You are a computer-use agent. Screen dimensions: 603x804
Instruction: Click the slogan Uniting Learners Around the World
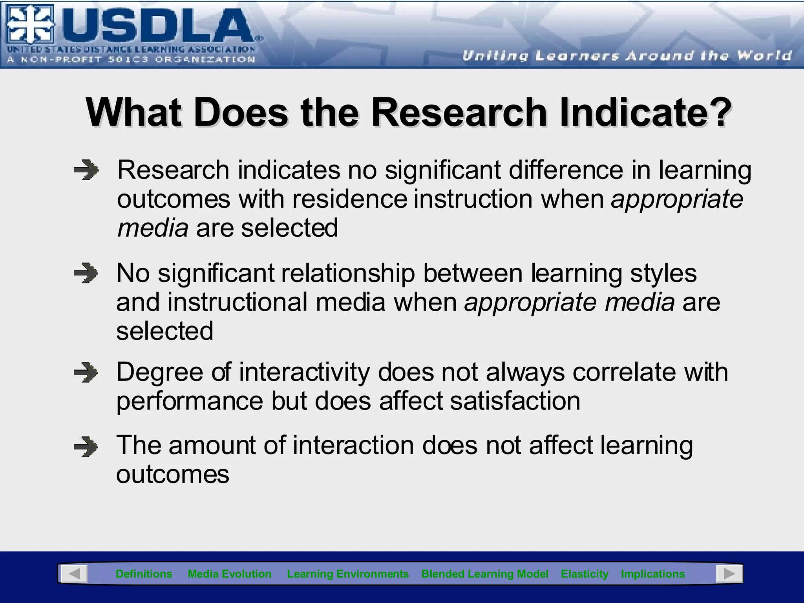click(x=627, y=56)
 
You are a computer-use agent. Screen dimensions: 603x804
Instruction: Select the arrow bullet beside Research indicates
click(x=86, y=171)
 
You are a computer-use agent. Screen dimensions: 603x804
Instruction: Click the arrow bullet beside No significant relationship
click(x=86, y=274)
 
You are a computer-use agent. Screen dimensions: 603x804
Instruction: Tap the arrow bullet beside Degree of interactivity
click(x=86, y=373)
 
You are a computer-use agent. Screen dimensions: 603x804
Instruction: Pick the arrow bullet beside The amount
click(x=86, y=447)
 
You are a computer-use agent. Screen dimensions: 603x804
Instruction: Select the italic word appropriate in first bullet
click(x=677, y=199)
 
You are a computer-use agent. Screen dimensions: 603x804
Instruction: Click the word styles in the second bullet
click(x=663, y=273)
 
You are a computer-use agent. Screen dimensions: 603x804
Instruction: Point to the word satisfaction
click(x=515, y=401)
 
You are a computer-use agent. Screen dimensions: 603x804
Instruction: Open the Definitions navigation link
click(x=144, y=574)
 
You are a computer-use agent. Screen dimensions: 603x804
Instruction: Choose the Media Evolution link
click(x=230, y=574)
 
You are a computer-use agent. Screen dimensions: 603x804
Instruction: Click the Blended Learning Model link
click(x=484, y=574)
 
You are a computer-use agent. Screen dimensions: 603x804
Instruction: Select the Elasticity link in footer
click(x=584, y=574)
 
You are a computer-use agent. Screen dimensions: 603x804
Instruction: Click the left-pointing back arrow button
click(x=73, y=574)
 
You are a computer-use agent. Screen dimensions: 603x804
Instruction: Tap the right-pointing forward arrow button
click(x=729, y=574)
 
